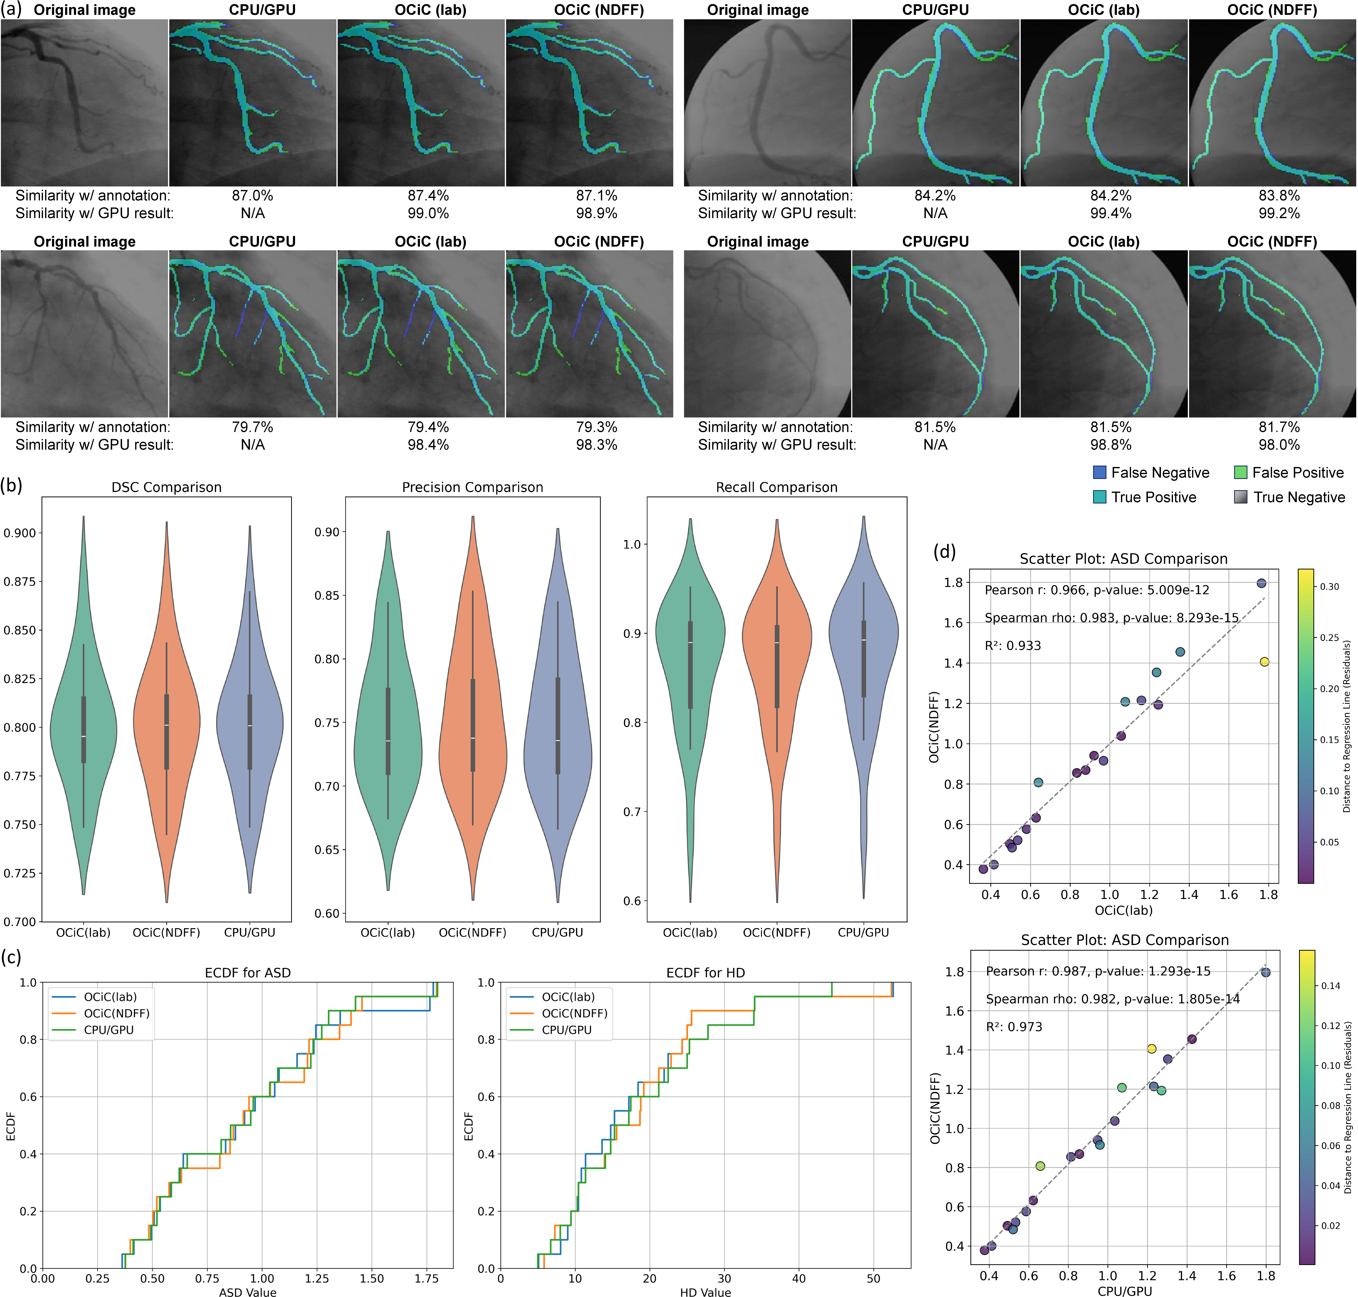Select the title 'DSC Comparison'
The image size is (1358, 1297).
coord(167,487)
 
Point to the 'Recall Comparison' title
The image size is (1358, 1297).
coord(777,487)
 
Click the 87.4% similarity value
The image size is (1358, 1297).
coord(428,196)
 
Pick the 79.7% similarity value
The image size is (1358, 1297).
coord(252,427)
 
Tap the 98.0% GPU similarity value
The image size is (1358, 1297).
coord(1279,445)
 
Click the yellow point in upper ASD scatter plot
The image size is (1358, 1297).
coord(1265,662)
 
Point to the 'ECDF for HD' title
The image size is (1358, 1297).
coord(705,973)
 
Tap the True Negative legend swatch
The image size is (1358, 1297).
coord(1240,497)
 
